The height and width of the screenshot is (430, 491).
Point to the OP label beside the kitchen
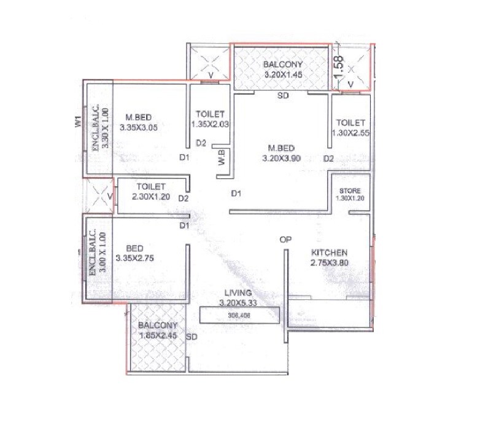tap(285, 240)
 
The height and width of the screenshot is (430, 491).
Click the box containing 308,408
tap(239, 315)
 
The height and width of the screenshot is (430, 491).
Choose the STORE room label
tap(349, 190)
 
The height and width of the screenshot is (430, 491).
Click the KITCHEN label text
tap(330, 252)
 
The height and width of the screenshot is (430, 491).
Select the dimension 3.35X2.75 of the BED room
tap(145, 259)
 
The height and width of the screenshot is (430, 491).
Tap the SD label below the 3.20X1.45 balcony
tap(282, 96)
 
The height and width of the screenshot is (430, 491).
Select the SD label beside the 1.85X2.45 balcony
tap(191, 337)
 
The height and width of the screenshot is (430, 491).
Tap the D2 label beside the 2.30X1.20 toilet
tap(183, 198)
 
